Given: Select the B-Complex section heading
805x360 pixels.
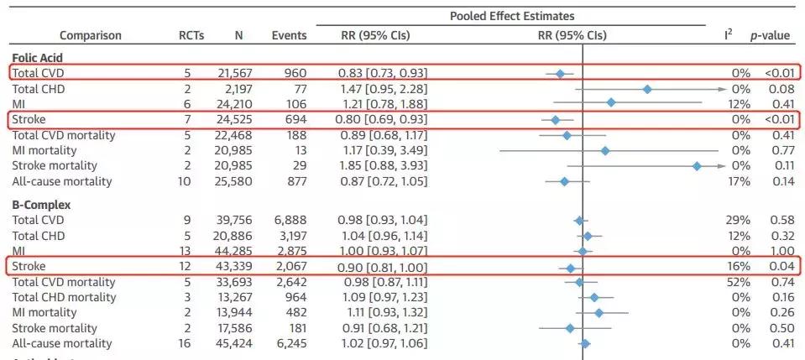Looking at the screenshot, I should [40, 204].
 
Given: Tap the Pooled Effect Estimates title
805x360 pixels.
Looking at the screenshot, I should [511, 16].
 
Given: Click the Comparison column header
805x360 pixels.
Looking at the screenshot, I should [91, 36].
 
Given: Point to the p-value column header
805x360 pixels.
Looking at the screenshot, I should [770, 36].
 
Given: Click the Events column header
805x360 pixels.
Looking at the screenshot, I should [289, 36].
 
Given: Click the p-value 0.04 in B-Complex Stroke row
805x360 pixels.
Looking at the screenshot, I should [781, 267].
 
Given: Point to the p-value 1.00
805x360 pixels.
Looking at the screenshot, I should [781, 251].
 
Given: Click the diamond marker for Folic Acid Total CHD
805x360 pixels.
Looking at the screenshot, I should [646, 89].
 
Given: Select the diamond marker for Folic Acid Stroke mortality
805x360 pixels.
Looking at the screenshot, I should [697, 166].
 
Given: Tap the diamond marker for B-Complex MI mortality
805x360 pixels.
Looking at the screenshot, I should [599, 312].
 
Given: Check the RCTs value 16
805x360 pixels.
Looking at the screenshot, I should [185, 343].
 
